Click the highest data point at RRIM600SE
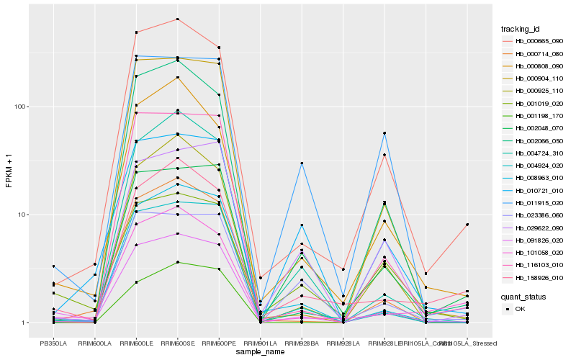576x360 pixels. (x=177, y=19)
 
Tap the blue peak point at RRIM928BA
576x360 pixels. (x=302, y=163)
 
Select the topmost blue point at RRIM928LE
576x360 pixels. (x=384, y=133)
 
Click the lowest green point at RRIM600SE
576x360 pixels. (x=177, y=262)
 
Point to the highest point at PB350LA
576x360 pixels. (x=53, y=266)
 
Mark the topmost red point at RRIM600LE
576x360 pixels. (x=136, y=32)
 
